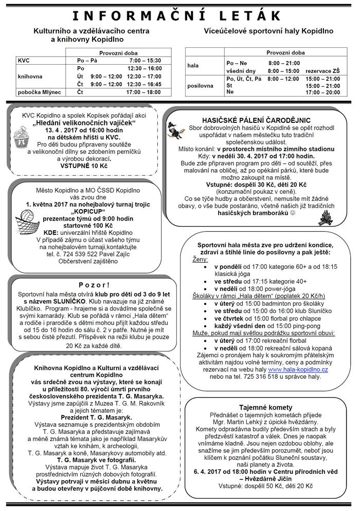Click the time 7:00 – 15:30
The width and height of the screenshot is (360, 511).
(x=142, y=60)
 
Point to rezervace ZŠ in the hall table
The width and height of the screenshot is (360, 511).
(x=322, y=70)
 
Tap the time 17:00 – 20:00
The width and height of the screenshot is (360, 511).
(x=322, y=93)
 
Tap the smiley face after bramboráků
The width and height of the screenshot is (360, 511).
(x=292, y=212)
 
